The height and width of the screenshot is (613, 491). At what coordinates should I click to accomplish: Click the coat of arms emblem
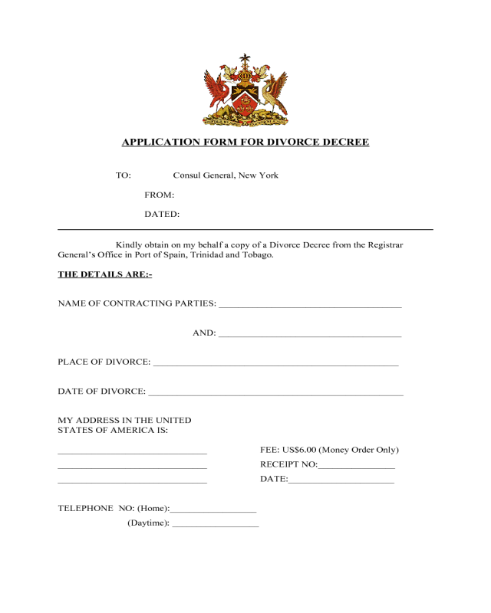tap(245, 90)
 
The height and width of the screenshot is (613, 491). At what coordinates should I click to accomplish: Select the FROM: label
tap(159, 195)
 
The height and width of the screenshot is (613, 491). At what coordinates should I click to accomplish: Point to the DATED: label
tap(162, 215)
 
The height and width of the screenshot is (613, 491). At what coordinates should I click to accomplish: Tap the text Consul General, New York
tap(226, 175)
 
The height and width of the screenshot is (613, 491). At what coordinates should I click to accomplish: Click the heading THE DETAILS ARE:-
tap(105, 274)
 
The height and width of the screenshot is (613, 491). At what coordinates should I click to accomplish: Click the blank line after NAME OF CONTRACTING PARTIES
tap(310, 306)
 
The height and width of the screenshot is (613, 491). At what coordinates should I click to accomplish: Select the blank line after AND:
tap(310, 336)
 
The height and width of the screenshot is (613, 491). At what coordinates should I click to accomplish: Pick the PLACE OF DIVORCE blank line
tap(275, 365)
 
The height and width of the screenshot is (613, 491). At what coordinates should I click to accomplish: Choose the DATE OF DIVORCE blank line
tap(275, 394)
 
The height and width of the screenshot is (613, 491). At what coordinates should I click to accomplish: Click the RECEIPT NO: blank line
tap(356, 467)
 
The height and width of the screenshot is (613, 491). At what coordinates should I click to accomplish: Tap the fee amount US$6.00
tap(299, 450)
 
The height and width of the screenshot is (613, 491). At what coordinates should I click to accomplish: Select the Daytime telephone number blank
tap(216, 525)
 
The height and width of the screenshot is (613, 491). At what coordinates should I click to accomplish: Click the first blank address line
tap(132, 453)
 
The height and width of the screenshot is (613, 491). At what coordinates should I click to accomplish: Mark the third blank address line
tap(132, 482)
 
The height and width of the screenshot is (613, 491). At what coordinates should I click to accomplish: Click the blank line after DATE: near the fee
tap(341, 481)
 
